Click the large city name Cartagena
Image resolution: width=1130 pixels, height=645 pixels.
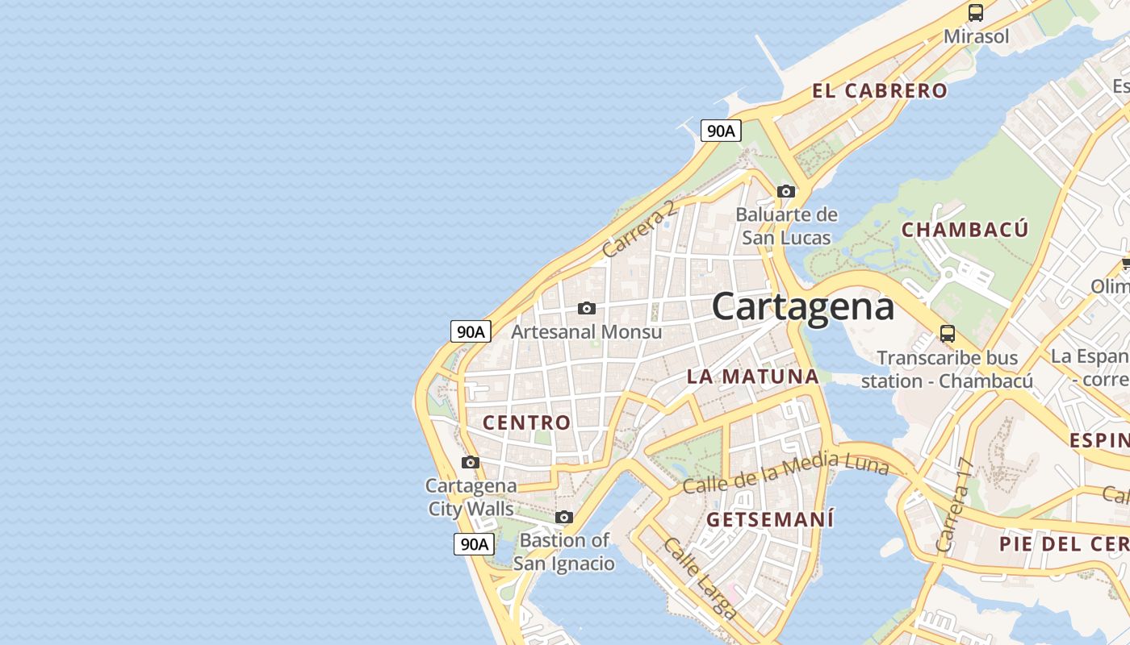(802, 307)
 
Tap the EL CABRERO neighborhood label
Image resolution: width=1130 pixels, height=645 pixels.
(879, 91)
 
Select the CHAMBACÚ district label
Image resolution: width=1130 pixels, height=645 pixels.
(965, 230)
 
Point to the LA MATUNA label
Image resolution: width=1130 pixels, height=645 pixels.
(752, 377)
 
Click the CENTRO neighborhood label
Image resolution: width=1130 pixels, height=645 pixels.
(526, 422)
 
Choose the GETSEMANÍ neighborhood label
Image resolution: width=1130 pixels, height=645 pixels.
(770, 520)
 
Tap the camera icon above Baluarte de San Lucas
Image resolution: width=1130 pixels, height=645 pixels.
(785, 191)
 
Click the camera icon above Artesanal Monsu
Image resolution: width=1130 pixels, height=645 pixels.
(587, 308)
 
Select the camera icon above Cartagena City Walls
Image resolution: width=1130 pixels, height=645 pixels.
(471, 462)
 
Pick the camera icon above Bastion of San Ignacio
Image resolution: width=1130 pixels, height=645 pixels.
(564, 517)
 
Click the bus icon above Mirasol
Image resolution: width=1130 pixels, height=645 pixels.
(976, 13)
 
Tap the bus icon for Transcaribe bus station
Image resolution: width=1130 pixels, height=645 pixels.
(948, 334)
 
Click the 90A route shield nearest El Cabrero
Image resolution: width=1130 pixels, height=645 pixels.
(720, 131)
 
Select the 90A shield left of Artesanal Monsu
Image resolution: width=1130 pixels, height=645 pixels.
(471, 331)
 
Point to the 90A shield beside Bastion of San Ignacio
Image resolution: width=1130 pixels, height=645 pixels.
(473, 544)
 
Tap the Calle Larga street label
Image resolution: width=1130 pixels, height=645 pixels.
(700, 578)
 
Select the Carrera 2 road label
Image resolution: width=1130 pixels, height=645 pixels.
(638, 231)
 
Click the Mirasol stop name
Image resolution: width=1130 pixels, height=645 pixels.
(976, 36)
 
